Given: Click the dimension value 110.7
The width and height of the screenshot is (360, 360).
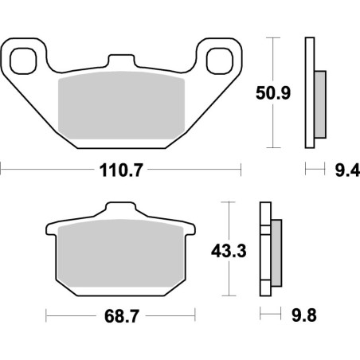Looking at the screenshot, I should pos(120,169).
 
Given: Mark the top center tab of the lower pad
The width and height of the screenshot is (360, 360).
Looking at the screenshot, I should pos(120,210).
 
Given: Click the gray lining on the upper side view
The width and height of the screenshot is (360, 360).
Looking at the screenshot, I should pos(320,102).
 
